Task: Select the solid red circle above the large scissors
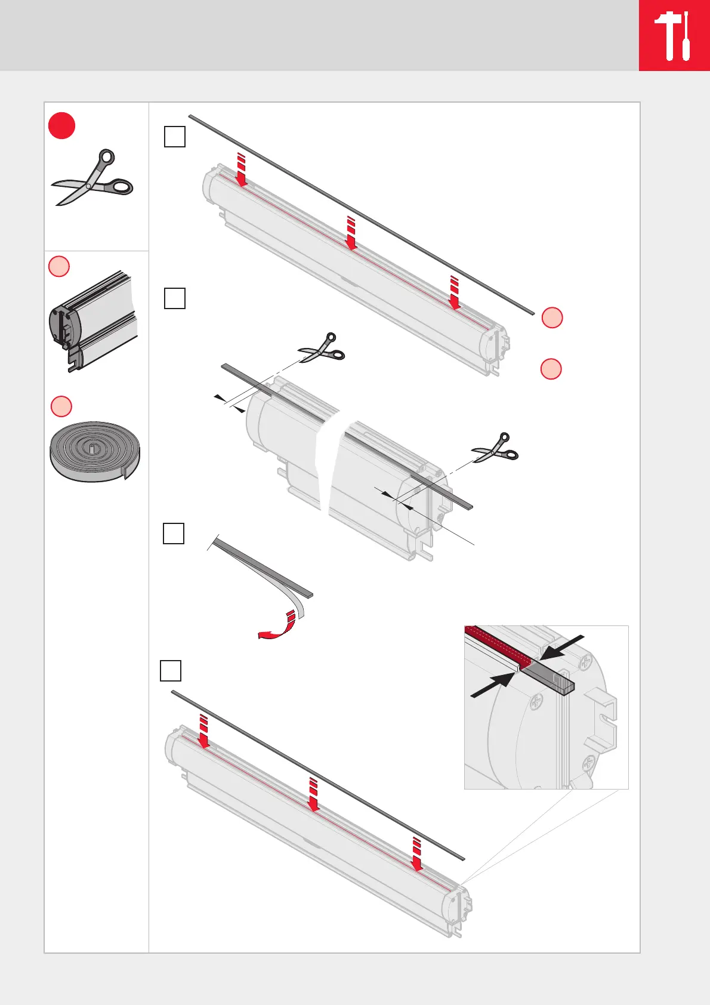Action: (61, 126)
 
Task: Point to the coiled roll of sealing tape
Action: (94, 452)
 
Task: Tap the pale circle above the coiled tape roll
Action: (61, 406)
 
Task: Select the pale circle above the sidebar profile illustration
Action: (59, 266)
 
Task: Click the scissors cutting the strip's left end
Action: (322, 349)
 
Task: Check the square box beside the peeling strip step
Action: (174, 534)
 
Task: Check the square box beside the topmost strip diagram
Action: (175, 137)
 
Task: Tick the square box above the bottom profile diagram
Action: (171, 671)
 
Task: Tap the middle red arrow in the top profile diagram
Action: (351, 233)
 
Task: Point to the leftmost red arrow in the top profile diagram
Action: (241, 169)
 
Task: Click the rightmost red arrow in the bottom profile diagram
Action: (417, 854)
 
